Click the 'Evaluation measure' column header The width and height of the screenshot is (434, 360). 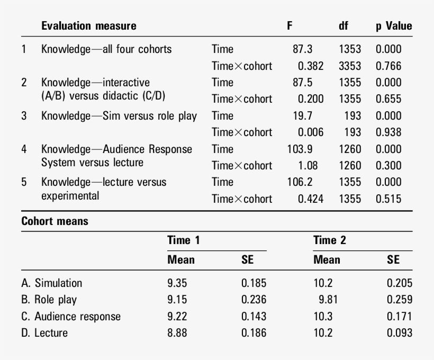pyautogui.click(x=88, y=26)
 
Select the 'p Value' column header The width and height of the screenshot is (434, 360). pyautogui.click(x=394, y=26)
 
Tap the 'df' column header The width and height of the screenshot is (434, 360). pyautogui.click(x=343, y=26)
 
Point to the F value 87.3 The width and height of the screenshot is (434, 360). pyautogui.click(x=302, y=49)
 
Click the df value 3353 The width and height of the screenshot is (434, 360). pyautogui.click(x=350, y=66)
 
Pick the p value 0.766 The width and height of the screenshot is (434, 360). pyautogui.click(x=388, y=66)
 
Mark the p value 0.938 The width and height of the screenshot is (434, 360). pyautogui.click(x=388, y=132)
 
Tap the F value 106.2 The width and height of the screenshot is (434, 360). pyautogui.click(x=300, y=182)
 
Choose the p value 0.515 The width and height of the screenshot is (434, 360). pyautogui.click(x=388, y=199)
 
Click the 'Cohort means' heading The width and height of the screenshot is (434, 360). pyautogui.click(x=55, y=221)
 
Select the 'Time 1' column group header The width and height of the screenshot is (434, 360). pyautogui.click(x=183, y=240)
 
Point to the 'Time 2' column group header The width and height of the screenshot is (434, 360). pyautogui.click(x=329, y=240)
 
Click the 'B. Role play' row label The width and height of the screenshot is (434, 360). pyautogui.click(x=49, y=300)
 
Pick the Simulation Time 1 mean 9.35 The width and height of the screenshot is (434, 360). pyautogui.click(x=177, y=283)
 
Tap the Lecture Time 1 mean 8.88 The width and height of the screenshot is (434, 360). pyautogui.click(x=177, y=333)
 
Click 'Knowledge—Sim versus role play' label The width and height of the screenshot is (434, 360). pyautogui.click(x=119, y=115)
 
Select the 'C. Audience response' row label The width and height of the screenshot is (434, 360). pyautogui.click(x=71, y=317)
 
